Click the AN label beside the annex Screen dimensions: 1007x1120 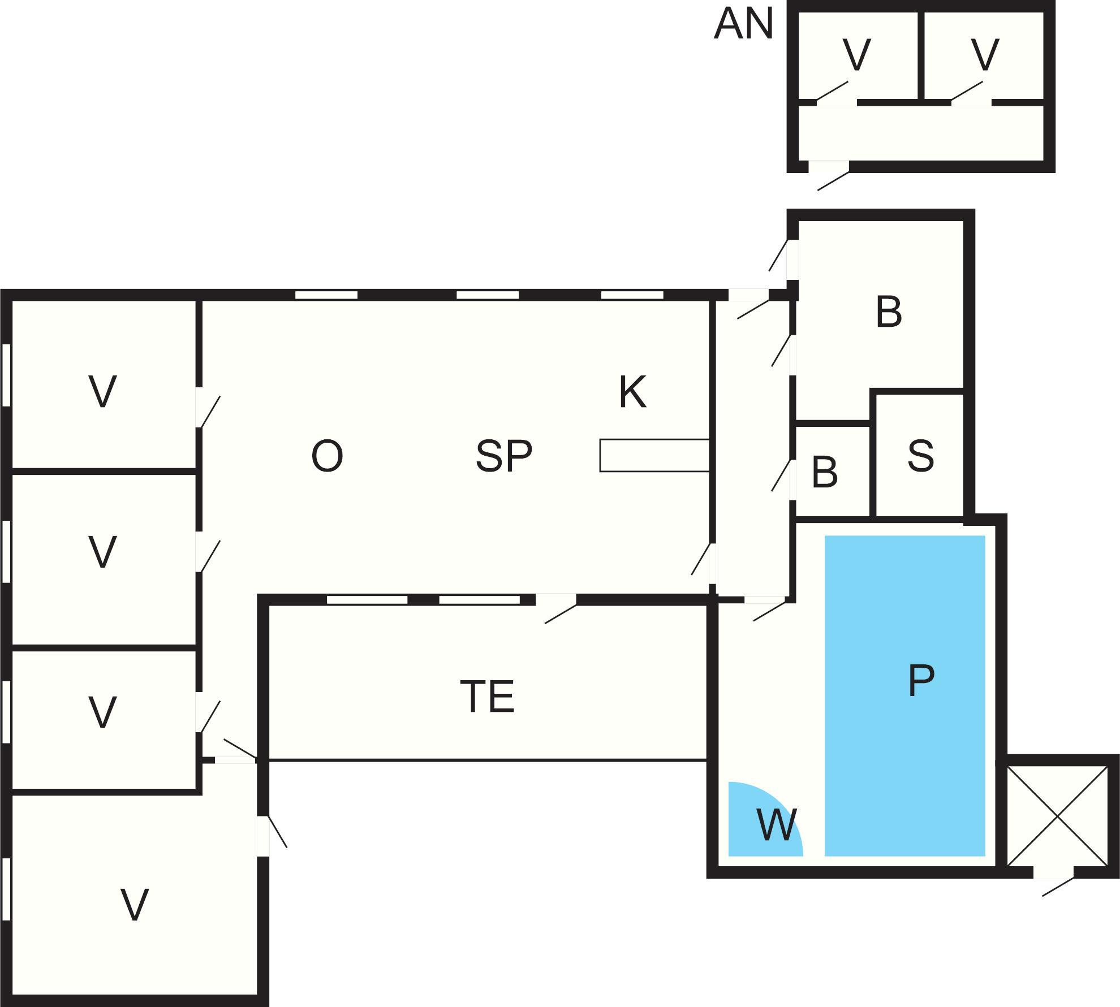tap(743, 24)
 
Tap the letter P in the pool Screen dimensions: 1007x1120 tap(921, 680)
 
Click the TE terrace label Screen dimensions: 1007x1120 tap(487, 697)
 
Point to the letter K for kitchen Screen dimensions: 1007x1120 tap(632, 392)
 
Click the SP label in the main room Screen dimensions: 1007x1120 tap(503, 456)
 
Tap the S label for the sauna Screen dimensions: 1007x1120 tap(920, 456)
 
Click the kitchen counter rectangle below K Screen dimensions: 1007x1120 tap(654, 455)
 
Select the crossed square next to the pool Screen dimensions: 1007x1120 tap(1057, 816)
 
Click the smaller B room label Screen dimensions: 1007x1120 tap(824, 472)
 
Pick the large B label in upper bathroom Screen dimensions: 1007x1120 tap(888, 312)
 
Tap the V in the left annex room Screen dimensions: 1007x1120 tap(856, 55)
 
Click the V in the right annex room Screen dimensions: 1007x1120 tap(985, 55)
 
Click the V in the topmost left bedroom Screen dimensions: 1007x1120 tap(102, 392)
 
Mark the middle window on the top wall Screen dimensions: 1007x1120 tap(488, 295)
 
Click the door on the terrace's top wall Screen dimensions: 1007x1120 tap(556, 600)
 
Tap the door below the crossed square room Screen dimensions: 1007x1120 tap(1053, 873)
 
